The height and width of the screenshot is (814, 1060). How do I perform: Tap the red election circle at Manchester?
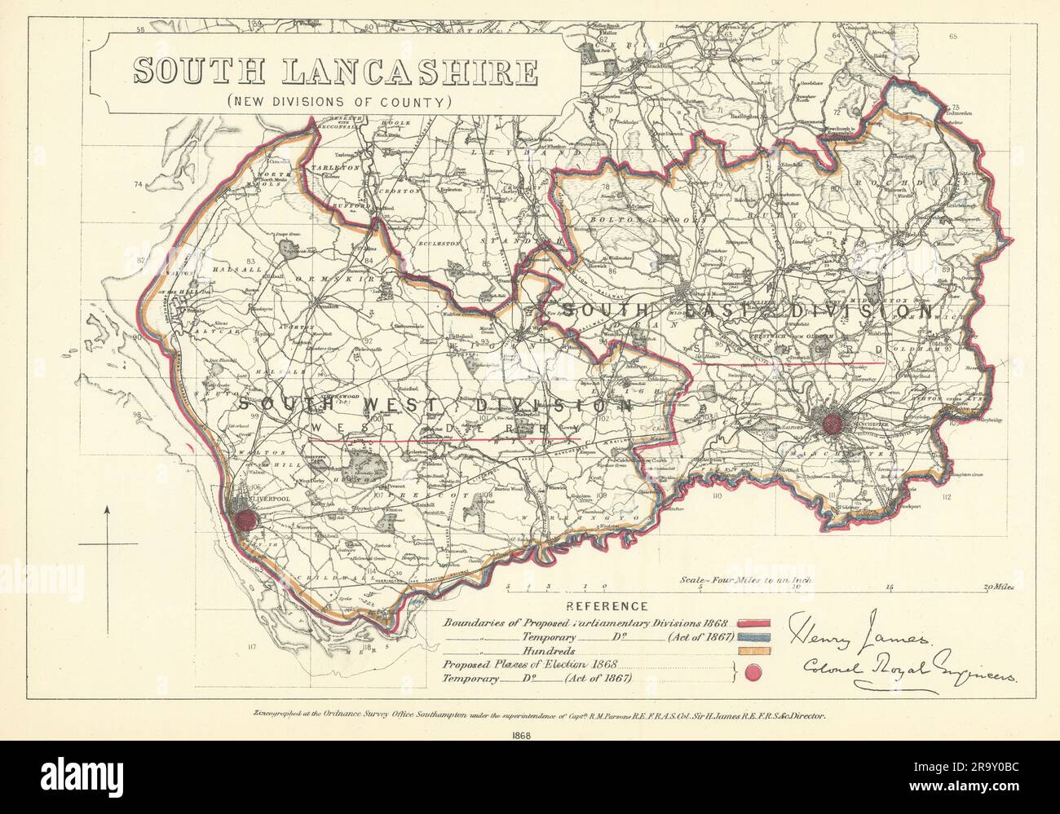point(833,423)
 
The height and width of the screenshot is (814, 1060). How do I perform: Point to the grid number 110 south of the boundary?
point(718,495)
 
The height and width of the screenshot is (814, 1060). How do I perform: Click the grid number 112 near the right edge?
point(946,496)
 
